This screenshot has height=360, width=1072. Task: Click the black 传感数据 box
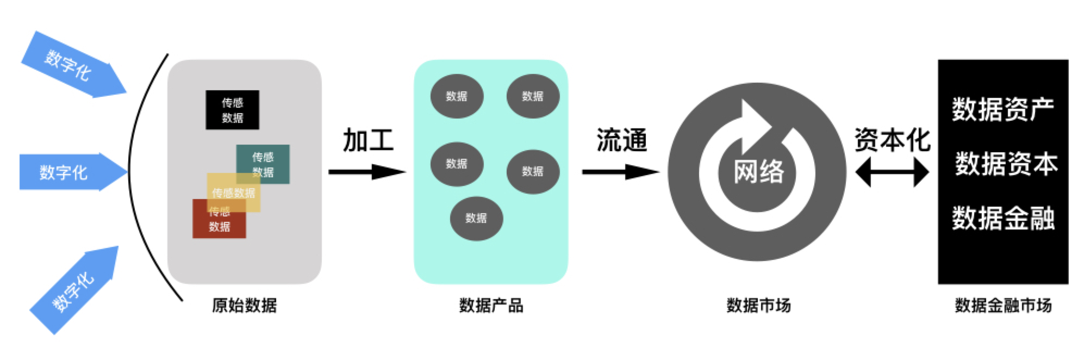pyautogui.click(x=232, y=110)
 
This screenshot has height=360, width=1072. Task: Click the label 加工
pyautogui.click(x=368, y=140)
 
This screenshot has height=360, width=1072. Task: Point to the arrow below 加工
pyautogui.click(x=367, y=172)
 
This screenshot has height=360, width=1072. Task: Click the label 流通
pyautogui.click(x=621, y=140)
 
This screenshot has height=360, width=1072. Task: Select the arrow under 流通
pyautogui.click(x=620, y=172)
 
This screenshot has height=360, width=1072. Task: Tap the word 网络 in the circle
pyautogui.click(x=758, y=172)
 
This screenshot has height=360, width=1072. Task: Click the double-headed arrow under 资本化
pyautogui.click(x=892, y=172)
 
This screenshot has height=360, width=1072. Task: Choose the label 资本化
pyautogui.click(x=892, y=140)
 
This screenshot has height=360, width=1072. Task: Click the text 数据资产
pyautogui.click(x=1003, y=109)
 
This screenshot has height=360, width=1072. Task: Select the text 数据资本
pyautogui.click(x=1006, y=164)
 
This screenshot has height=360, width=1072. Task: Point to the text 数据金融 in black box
pyautogui.click(x=1003, y=218)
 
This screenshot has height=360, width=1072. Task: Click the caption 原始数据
pyautogui.click(x=244, y=306)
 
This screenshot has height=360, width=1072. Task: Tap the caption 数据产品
pyautogui.click(x=491, y=306)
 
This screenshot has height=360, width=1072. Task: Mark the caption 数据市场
pyautogui.click(x=758, y=306)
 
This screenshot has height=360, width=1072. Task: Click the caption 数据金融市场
pyautogui.click(x=1003, y=306)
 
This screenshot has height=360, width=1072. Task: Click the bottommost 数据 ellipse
pyautogui.click(x=476, y=218)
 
